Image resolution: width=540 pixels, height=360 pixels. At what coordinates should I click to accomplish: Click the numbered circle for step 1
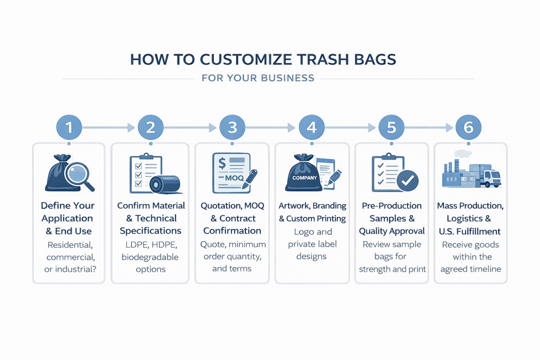coord(68,128)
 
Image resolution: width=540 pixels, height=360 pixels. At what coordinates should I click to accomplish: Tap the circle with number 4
coord(312,128)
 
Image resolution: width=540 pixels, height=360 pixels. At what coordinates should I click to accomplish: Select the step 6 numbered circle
coord(468,128)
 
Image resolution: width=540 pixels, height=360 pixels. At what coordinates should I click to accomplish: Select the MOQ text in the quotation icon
coord(234,178)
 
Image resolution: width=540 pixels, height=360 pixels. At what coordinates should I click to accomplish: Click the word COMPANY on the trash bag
coord(305,178)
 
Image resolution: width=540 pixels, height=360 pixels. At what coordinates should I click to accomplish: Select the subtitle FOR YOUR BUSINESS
coord(258,78)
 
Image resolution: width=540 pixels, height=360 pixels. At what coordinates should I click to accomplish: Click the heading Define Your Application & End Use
coord(68,218)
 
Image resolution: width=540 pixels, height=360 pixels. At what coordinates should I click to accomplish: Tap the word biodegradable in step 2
coord(150,257)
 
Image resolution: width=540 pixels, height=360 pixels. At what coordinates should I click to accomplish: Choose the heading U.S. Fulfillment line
coord(471,231)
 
